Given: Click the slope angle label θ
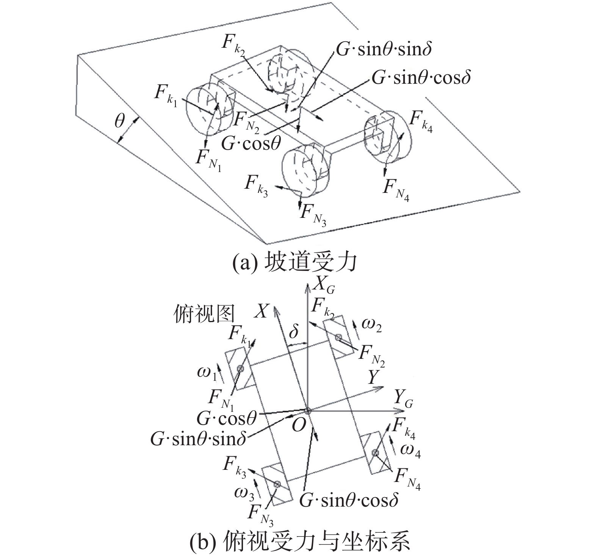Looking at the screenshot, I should tap(120, 122).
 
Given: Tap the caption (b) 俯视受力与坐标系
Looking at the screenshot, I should tap(299, 542).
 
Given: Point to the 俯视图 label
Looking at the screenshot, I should tap(204, 314).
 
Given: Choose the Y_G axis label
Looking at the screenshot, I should tap(403, 399).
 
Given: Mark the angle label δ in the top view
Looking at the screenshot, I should tap(294, 332).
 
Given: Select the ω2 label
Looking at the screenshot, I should tap(371, 325).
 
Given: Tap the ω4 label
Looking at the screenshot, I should tap(411, 451).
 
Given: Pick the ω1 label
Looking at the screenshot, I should tap(207, 373).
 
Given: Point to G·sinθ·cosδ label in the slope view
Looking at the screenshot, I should tap(421, 78).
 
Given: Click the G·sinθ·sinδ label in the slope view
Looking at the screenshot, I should tap(384, 49).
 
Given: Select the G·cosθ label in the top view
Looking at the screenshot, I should tap(227, 418).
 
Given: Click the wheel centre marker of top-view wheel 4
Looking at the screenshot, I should tap(375, 452).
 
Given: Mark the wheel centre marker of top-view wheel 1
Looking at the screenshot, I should tap(240, 369).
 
